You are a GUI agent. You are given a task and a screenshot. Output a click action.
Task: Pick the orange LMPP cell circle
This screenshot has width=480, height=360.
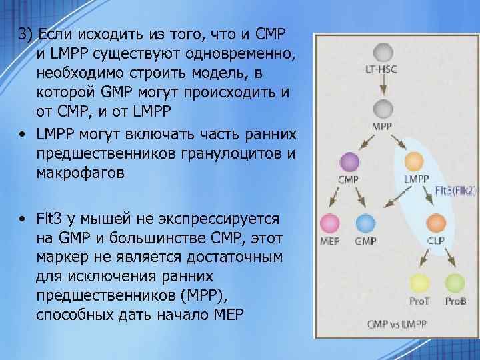coord(415,162)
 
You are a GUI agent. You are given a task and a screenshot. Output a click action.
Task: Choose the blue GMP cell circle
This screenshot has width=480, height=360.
coord(366,223)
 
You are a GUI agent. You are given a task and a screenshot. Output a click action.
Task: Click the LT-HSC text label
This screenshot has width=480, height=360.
coord(381,69)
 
